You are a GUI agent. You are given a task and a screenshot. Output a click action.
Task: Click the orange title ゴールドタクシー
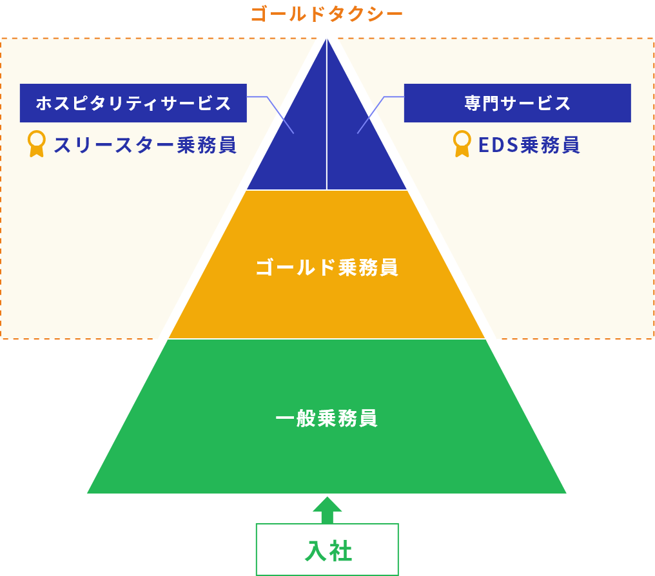(327, 14)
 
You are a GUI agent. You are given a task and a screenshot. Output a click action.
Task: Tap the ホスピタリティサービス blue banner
(133, 103)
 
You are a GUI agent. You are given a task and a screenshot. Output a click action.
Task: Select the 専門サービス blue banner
(517, 103)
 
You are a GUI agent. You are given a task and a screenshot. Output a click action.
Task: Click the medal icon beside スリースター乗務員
(37, 144)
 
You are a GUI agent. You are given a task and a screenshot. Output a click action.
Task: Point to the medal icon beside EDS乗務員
(462, 144)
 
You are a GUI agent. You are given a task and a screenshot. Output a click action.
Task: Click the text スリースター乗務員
(145, 145)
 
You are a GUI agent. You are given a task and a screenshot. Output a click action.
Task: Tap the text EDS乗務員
(529, 145)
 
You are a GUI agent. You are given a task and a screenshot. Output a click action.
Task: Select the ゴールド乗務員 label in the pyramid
(327, 267)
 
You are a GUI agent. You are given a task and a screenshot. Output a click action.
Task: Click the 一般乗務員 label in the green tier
(327, 418)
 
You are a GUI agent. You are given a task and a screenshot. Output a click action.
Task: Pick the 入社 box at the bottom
(327, 550)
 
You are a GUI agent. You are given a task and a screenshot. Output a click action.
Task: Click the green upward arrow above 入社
(327, 510)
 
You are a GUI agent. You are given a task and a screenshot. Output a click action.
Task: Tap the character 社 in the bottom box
(341, 551)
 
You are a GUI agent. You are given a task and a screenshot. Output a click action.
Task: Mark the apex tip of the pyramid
(327, 39)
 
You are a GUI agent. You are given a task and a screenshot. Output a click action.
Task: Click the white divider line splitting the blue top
(327, 115)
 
